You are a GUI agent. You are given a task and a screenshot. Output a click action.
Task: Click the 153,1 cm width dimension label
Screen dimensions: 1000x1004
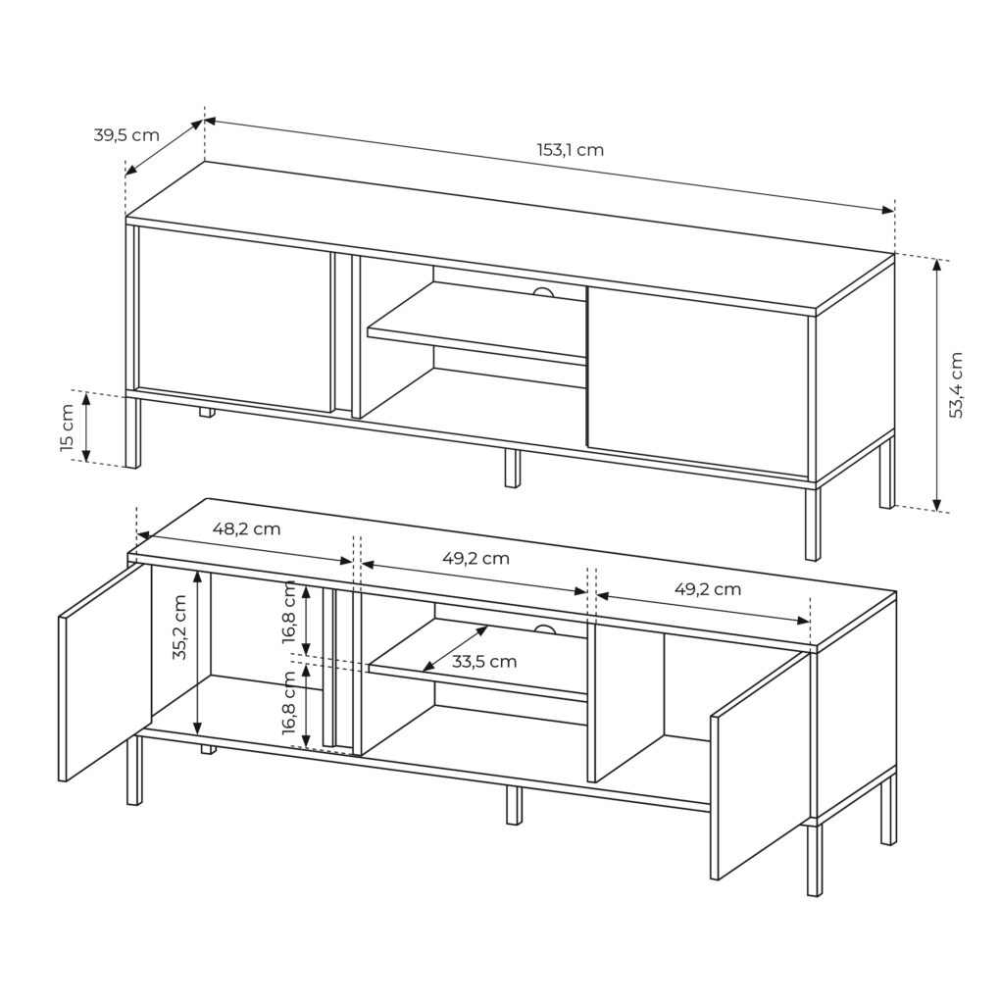click(570, 150)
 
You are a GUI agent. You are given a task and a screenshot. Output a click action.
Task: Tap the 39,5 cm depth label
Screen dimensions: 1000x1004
click(126, 135)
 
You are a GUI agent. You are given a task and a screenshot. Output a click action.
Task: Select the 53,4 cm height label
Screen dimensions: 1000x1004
click(956, 384)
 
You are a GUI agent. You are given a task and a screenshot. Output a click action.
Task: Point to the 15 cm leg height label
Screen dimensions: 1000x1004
click(68, 427)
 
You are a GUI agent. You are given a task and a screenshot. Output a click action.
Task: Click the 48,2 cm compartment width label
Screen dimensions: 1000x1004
click(246, 528)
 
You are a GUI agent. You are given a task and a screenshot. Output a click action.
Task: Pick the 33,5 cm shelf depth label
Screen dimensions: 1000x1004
click(484, 662)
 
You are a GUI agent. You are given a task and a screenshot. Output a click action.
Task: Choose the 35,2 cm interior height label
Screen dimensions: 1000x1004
click(179, 627)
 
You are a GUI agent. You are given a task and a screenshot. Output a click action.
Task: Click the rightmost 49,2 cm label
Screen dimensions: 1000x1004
click(708, 589)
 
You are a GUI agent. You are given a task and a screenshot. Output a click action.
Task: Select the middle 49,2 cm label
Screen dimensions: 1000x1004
click(475, 558)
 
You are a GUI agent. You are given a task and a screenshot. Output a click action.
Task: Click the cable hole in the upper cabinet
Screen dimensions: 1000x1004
click(544, 292)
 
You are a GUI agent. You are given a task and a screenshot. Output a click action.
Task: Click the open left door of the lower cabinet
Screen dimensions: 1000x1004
click(105, 673)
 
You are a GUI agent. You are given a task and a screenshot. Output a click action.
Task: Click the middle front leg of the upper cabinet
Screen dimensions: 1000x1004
click(511, 468)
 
